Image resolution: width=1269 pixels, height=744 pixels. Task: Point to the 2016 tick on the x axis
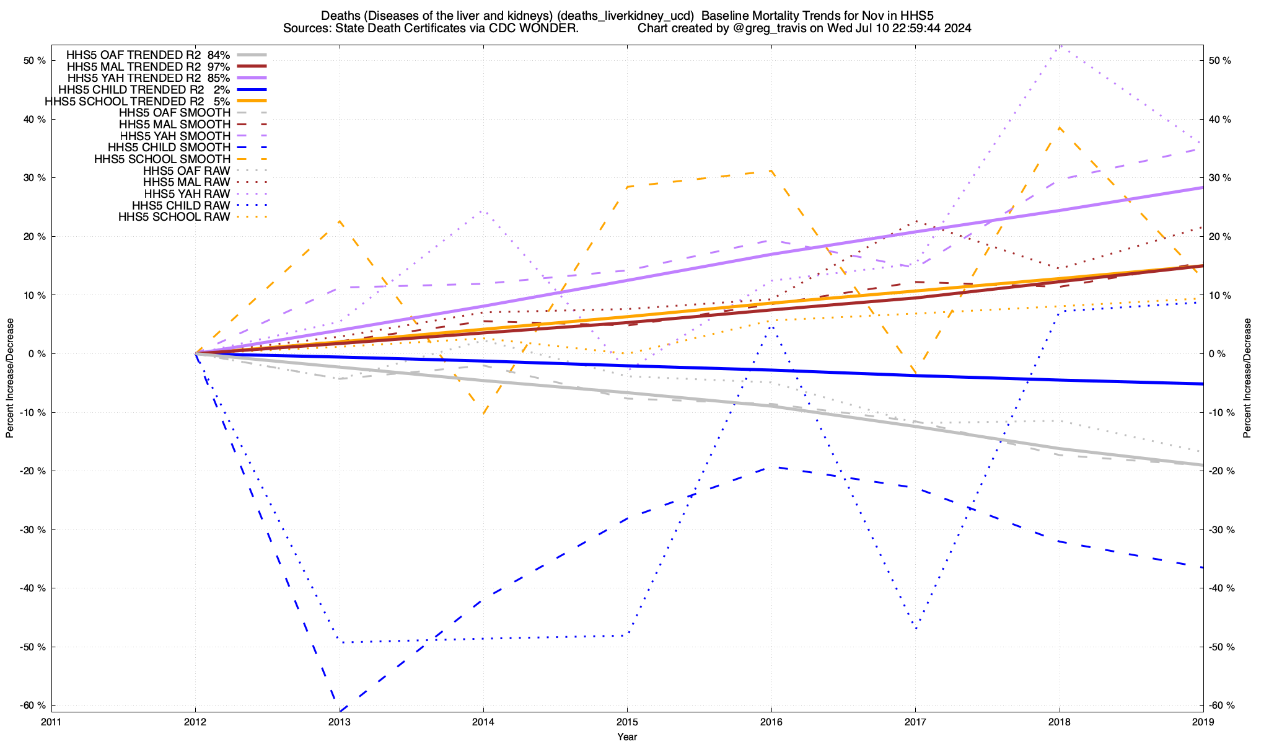pyautogui.click(x=771, y=722)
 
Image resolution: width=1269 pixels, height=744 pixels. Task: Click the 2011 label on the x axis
pyautogui.click(x=51, y=722)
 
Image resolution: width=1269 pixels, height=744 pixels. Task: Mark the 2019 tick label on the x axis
pyautogui.click(x=1203, y=722)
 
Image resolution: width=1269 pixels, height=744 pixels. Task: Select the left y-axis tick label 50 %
pyautogui.click(x=35, y=61)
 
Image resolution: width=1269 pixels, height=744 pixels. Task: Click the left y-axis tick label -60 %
pyautogui.click(x=33, y=706)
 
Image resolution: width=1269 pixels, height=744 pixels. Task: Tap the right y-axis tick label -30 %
pyautogui.click(x=1222, y=529)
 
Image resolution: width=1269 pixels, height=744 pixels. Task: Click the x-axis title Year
pyautogui.click(x=627, y=737)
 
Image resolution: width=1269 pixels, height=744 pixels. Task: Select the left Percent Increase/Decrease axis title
pyautogui.click(x=10, y=378)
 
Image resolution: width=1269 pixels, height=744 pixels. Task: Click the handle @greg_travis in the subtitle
pyautogui.click(x=758, y=29)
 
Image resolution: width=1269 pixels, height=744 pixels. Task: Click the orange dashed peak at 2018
pyautogui.click(x=1060, y=127)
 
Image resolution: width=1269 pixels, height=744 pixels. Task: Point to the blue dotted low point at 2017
pyautogui.click(x=916, y=629)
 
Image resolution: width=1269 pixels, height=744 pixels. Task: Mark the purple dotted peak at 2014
pyautogui.click(x=483, y=211)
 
